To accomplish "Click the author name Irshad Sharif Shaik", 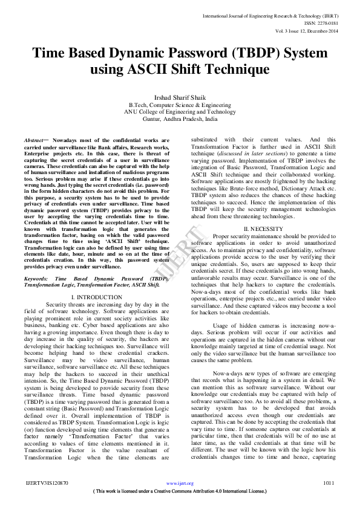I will pos(179,97).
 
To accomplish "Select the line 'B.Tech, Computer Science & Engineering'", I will pos(180,105).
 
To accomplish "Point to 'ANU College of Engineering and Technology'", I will pos(180,112).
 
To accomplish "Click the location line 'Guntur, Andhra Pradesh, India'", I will pos(180,119).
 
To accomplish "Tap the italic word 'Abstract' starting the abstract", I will pos(34,140).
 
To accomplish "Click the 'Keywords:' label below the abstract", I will pos(36,279).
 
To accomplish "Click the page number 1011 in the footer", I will pos(329,483).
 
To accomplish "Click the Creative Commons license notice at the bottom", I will pos(180,491).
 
